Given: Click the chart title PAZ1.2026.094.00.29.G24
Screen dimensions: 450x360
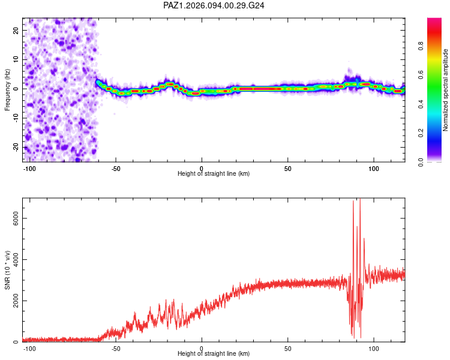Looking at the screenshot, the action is pyautogui.click(x=214, y=5).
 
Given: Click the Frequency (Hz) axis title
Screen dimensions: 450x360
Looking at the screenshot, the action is pyautogui.click(x=7, y=90).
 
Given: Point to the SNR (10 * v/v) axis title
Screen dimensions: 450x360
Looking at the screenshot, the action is pyautogui.click(x=7, y=270).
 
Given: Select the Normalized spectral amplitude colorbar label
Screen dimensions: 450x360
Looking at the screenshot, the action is pyautogui.click(x=445, y=90).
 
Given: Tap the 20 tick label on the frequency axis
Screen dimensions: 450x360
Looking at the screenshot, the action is pyautogui.click(x=16, y=30).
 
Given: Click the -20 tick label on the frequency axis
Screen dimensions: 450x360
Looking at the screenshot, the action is pyautogui.click(x=16, y=147).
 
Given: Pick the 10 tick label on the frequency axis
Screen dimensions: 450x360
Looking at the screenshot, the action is pyautogui.click(x=16, y=59).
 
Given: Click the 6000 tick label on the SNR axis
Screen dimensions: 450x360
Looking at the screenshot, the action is pyautogui.click(x=16, y=218).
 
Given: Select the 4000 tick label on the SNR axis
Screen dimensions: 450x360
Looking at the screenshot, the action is pyautogui.click(x=16, y=260).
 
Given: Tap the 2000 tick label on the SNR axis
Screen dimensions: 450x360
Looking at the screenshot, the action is pyautogui.click(x=16, y=301).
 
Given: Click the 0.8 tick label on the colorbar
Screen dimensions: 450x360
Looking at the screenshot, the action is pyautogui.click(x=421, y=46).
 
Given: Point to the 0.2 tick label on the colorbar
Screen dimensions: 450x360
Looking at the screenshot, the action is pyautogui.click(x=421, y=133).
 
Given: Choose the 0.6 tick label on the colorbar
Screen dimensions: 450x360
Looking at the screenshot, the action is pyautogui.click(x=421, y=75).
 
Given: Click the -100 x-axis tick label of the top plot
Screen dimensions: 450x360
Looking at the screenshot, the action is pyautogui.click(x=29, y=169).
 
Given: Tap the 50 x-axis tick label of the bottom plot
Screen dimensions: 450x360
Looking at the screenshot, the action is pyautogui.click(x=287, y=349).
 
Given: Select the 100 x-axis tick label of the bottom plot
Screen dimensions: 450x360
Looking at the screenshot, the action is pyautogui.click(x=374, y=349).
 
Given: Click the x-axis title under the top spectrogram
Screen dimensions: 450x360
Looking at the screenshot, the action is pyautogui.click(x=214, y=173).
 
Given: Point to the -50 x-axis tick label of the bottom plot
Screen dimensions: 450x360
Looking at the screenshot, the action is pyautogui.click(x=116, y=349).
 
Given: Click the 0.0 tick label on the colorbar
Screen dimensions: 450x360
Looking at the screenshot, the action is pyautogui.click(x=421, y=162).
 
